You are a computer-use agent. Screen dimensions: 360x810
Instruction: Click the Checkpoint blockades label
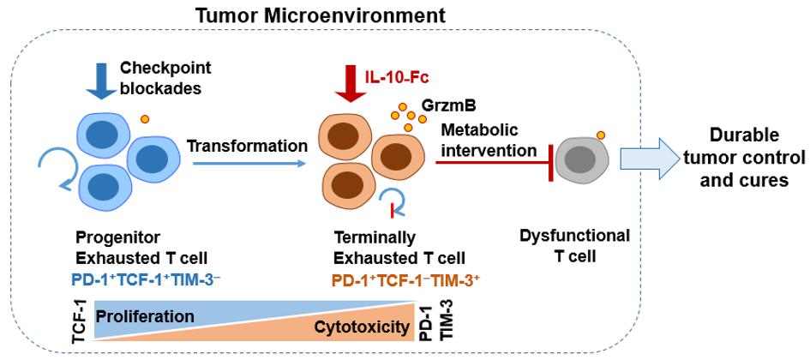coord(153,76)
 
